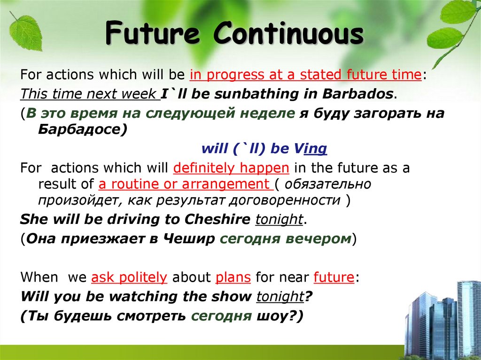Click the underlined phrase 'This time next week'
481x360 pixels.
(90, 93)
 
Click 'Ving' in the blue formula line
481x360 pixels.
(310, 149)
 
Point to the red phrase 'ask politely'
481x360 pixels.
(129, 277)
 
